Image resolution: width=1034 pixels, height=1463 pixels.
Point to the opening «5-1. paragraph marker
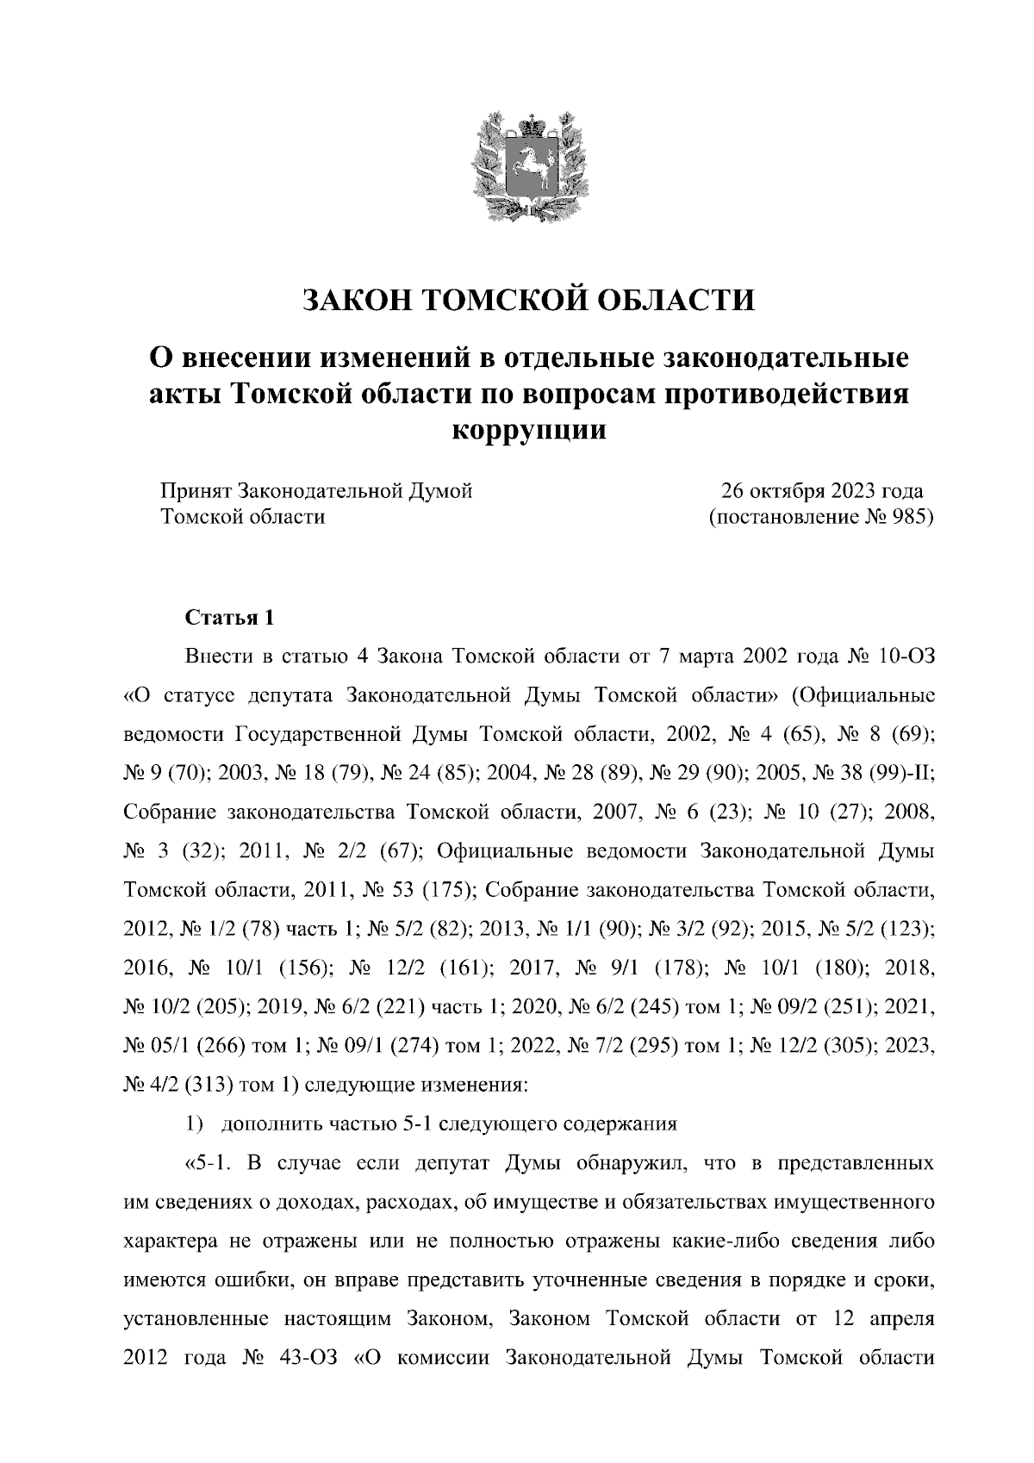[x=206, y=1164]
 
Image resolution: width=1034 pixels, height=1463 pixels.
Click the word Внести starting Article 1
[x=216, y=656]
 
